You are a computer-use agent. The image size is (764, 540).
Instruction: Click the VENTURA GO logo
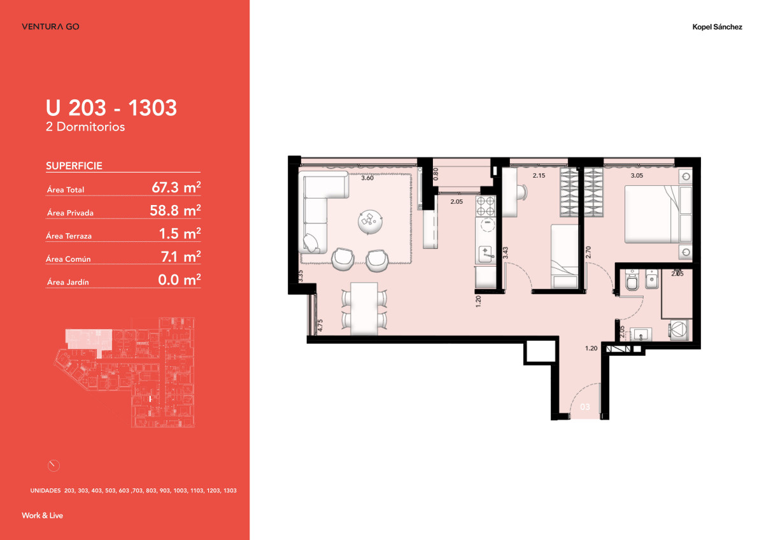(50, 27)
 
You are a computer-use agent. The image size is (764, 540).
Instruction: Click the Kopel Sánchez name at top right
(717, 27)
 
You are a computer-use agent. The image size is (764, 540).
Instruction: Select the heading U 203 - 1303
(111, 108)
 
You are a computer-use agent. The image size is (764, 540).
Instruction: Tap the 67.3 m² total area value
(176, 187)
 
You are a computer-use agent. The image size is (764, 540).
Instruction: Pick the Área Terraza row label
(69, 236)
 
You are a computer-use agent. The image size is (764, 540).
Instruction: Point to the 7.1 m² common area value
(180, 257)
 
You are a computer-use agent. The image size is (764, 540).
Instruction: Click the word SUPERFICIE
(74, 166)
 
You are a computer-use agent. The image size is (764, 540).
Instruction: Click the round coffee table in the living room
(371, 222)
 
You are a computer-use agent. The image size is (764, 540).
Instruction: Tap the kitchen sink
(486, 253)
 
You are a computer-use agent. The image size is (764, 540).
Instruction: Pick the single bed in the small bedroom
(564, 257)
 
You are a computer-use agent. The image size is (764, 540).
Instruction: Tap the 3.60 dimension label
(367, 178)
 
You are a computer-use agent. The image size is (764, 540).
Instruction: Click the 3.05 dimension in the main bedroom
(636, 175)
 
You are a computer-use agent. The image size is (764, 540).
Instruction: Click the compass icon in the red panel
(53, 465)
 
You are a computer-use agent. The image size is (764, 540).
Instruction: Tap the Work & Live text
(42, 515)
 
